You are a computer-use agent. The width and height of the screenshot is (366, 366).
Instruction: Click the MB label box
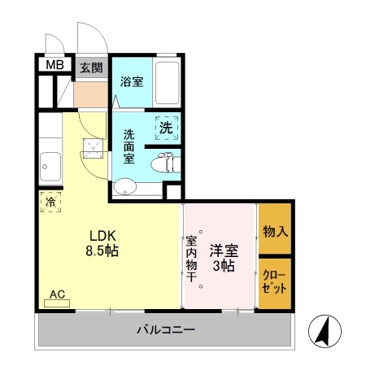pos(54,66)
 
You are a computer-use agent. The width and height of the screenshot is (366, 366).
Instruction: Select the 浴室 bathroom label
pos(132,82)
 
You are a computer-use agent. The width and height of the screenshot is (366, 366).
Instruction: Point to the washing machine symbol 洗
pos(166,128)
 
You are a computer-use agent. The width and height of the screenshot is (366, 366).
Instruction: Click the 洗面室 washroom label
pos(129,146)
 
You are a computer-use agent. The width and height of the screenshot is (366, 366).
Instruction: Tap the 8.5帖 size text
pos(102,251)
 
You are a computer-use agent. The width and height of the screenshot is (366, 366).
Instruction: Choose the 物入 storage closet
pos(276,231)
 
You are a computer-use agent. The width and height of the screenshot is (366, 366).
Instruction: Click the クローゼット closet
pos(276,282)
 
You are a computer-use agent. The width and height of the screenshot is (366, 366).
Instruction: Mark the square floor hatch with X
pos(92,146)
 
